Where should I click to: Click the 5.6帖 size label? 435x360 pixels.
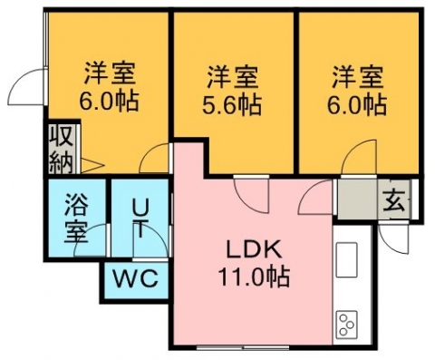coord(232,105)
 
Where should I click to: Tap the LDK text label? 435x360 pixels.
coord(254,250)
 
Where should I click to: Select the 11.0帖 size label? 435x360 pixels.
coord(254,277)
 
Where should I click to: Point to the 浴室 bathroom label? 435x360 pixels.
coord(76,218)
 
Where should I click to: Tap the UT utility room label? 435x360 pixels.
coord(140,219)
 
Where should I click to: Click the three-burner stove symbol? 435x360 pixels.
coord(346,325)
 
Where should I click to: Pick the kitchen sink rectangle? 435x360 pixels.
coord(346,259)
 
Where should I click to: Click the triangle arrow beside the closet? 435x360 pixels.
coord(92,165)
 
